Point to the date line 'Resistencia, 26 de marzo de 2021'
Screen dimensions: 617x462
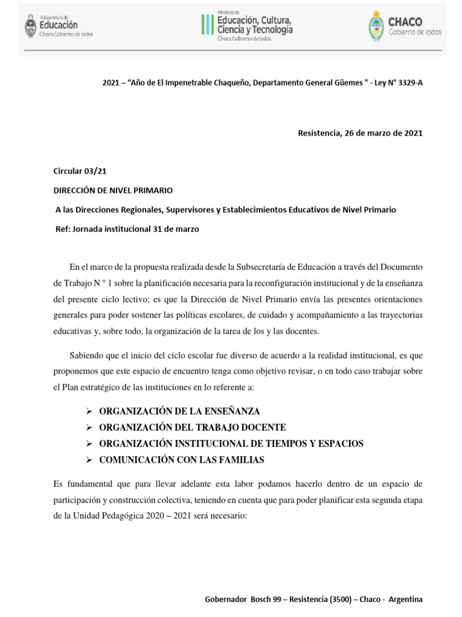point(360,133)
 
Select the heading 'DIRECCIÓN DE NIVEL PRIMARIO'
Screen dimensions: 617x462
point(114,190)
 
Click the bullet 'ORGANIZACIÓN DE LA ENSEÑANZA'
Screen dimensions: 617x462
point(179,411)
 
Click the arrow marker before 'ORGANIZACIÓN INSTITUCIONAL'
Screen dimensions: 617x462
point(88,443)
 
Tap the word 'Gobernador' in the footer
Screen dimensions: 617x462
point(226,600)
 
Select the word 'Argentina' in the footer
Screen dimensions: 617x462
point(406,600)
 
